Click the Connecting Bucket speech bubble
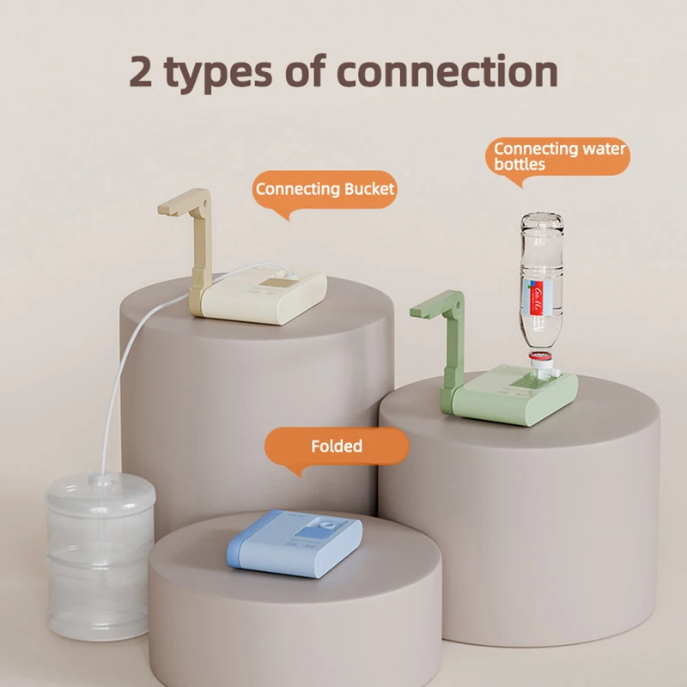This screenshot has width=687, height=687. (325, 190)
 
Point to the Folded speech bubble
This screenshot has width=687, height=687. (336, 447)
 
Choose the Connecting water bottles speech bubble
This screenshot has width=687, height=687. (561, 155)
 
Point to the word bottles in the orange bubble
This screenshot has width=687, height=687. (520, 163)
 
